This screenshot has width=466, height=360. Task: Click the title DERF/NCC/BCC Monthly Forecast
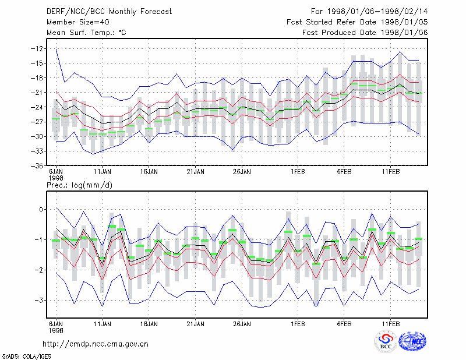109,12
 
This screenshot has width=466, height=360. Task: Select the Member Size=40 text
78,22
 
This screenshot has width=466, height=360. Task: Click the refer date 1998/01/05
404,22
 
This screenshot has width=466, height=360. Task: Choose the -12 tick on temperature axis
37,48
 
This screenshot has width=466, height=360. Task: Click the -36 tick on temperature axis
37,166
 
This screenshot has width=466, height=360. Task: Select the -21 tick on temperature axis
37,93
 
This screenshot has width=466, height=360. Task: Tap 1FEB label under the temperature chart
298,172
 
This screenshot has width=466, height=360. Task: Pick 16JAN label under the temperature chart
149,172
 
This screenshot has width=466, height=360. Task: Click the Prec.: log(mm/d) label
79,185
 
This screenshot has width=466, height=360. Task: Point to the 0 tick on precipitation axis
41,210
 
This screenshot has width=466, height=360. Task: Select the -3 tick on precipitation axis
38,300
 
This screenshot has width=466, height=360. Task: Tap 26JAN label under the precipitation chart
242,324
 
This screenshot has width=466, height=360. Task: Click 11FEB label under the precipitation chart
391,324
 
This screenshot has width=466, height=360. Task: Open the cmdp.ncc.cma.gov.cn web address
96,344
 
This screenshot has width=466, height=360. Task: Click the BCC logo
386,341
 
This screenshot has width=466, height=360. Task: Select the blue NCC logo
412,341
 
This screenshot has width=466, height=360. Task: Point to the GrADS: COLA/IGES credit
27,357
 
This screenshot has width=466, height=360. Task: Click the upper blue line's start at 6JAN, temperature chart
56,48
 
